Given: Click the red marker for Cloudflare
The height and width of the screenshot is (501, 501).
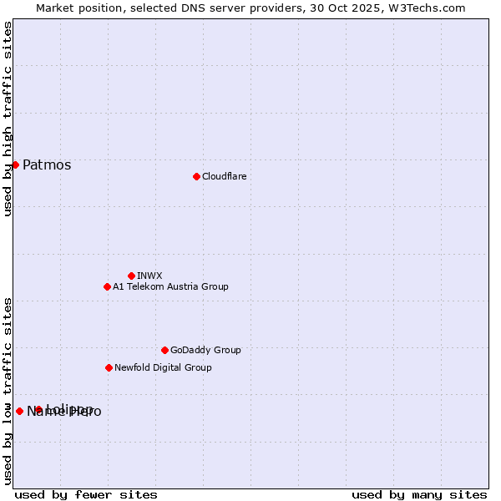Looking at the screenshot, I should click(x=196, y=176).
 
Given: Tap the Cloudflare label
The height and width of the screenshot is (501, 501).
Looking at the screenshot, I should click(x=224, y=176).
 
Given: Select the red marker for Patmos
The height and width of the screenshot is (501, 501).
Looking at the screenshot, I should click(x=15, y=164).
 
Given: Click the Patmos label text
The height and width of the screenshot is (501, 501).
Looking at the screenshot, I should click(x=47, y=164).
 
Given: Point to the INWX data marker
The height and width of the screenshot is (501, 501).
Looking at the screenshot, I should click(x=131, y=276).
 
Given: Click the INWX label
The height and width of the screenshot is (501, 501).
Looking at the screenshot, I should click(x=149, y=276).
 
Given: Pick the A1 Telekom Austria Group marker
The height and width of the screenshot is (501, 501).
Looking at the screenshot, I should click(x=107, y=286).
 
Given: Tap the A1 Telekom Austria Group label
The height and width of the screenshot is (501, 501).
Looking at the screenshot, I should click(x=170, y=286).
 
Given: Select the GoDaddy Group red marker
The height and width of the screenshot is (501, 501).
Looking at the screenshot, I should click(x=164, y=350).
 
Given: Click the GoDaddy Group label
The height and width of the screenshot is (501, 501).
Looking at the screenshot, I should click(x=205, y=350).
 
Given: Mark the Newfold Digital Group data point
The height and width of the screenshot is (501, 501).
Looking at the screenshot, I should click(x=109, y=367).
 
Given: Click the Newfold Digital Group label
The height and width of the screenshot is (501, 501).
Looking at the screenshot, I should click(x=163, y=367).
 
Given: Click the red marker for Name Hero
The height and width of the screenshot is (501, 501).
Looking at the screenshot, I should click(x=19, y=411).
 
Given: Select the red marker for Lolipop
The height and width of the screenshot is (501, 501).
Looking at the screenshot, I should click(x=38, y=409).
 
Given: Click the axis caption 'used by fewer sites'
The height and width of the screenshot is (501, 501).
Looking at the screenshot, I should click(x=86, y=494).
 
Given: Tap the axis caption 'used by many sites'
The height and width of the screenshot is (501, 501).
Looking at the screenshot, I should click(x=419, y=494).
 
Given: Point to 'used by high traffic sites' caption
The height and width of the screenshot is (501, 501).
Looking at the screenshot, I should click(x=8, y=119).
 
